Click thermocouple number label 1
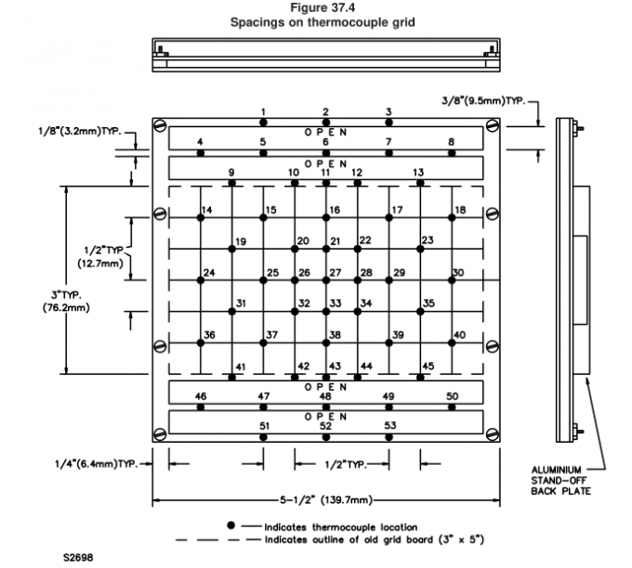pyautogui.click(x=263, y=111)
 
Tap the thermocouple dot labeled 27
pyautogui.click(x=325, y=280)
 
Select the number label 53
pyautogui.click(x=390, y=425)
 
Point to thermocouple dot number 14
pyautogui.click(x=200, y=218)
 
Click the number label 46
pyautogui.click(x=201, y=396)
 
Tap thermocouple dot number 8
pyautogui.click(x=452, y=152)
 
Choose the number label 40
pyautogui.click(x=459, y=334)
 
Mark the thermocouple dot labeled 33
pyautogui.click(x=325, y=312)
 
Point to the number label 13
pyautogui.click(x=419, y=173)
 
